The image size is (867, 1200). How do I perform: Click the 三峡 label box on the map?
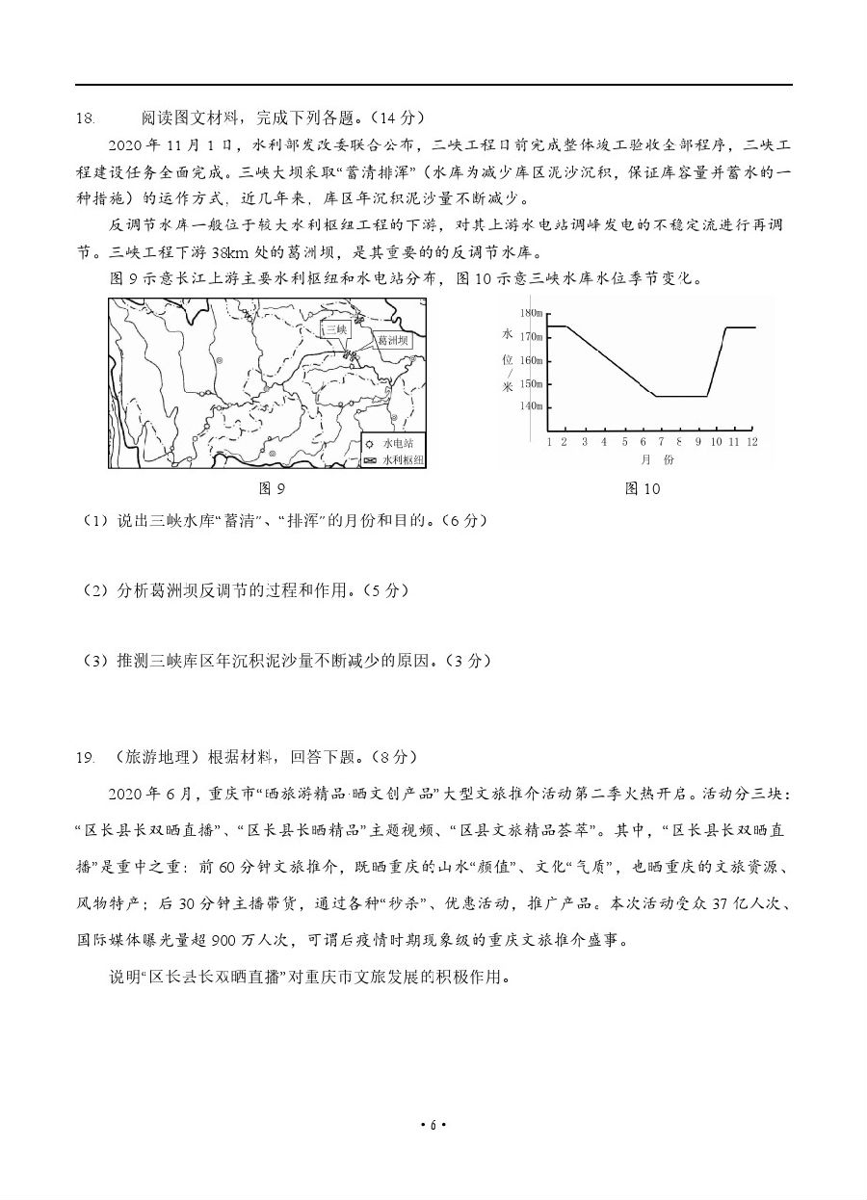334,329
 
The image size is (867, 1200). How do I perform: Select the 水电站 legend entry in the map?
396,444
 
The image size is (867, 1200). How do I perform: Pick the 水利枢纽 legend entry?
402,460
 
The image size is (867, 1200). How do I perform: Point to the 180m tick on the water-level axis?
531,314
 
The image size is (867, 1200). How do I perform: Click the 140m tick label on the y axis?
531,406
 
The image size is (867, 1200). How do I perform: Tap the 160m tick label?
531,360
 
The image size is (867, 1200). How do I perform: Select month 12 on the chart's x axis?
751,441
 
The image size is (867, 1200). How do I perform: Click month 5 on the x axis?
622,441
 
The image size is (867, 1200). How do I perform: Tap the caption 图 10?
643,488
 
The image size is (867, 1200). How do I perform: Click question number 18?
85,118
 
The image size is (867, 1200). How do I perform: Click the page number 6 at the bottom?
433,1125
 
